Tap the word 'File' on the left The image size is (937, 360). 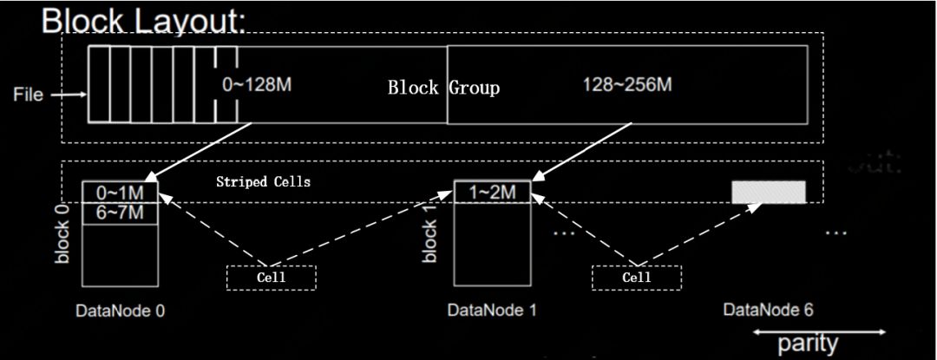(28, 95)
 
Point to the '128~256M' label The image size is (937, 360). (627, 85)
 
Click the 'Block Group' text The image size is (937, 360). (443, 88)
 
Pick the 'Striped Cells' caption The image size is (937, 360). (263, 182)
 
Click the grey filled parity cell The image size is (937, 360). (769, 192)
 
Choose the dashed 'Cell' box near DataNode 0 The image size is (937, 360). (271, 278)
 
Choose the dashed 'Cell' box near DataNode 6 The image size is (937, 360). (636, 278)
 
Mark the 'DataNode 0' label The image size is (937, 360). (120, 311)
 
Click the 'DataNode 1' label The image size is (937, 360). (491, 311)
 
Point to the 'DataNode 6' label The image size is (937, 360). (769, 311)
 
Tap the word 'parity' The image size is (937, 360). (809, 344)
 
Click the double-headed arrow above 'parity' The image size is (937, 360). (819, 331)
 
